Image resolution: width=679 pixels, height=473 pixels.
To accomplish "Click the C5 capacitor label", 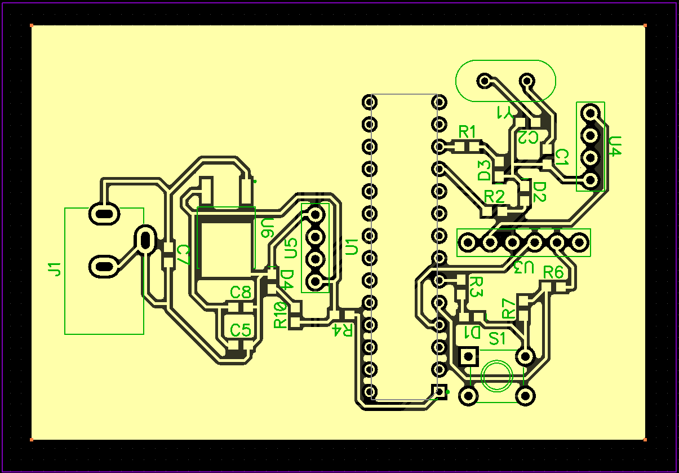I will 241,330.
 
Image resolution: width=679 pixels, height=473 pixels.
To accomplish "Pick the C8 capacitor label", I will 241,293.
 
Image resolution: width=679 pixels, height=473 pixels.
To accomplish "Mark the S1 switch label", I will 497,338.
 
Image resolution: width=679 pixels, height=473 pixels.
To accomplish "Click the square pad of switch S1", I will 468,356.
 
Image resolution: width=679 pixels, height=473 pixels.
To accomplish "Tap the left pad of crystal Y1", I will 484,81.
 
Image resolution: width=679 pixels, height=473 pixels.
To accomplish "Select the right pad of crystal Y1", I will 527,81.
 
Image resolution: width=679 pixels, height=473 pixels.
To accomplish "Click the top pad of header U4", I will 590,113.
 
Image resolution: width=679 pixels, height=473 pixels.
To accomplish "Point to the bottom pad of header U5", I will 315,281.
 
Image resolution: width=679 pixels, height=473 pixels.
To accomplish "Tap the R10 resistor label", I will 279,315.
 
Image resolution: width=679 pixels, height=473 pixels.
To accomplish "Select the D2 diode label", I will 539,191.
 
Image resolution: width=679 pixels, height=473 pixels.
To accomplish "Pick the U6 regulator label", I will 267,228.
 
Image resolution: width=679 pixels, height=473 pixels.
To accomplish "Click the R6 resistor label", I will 553,272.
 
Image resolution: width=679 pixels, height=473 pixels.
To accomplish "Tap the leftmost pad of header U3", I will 468,242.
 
